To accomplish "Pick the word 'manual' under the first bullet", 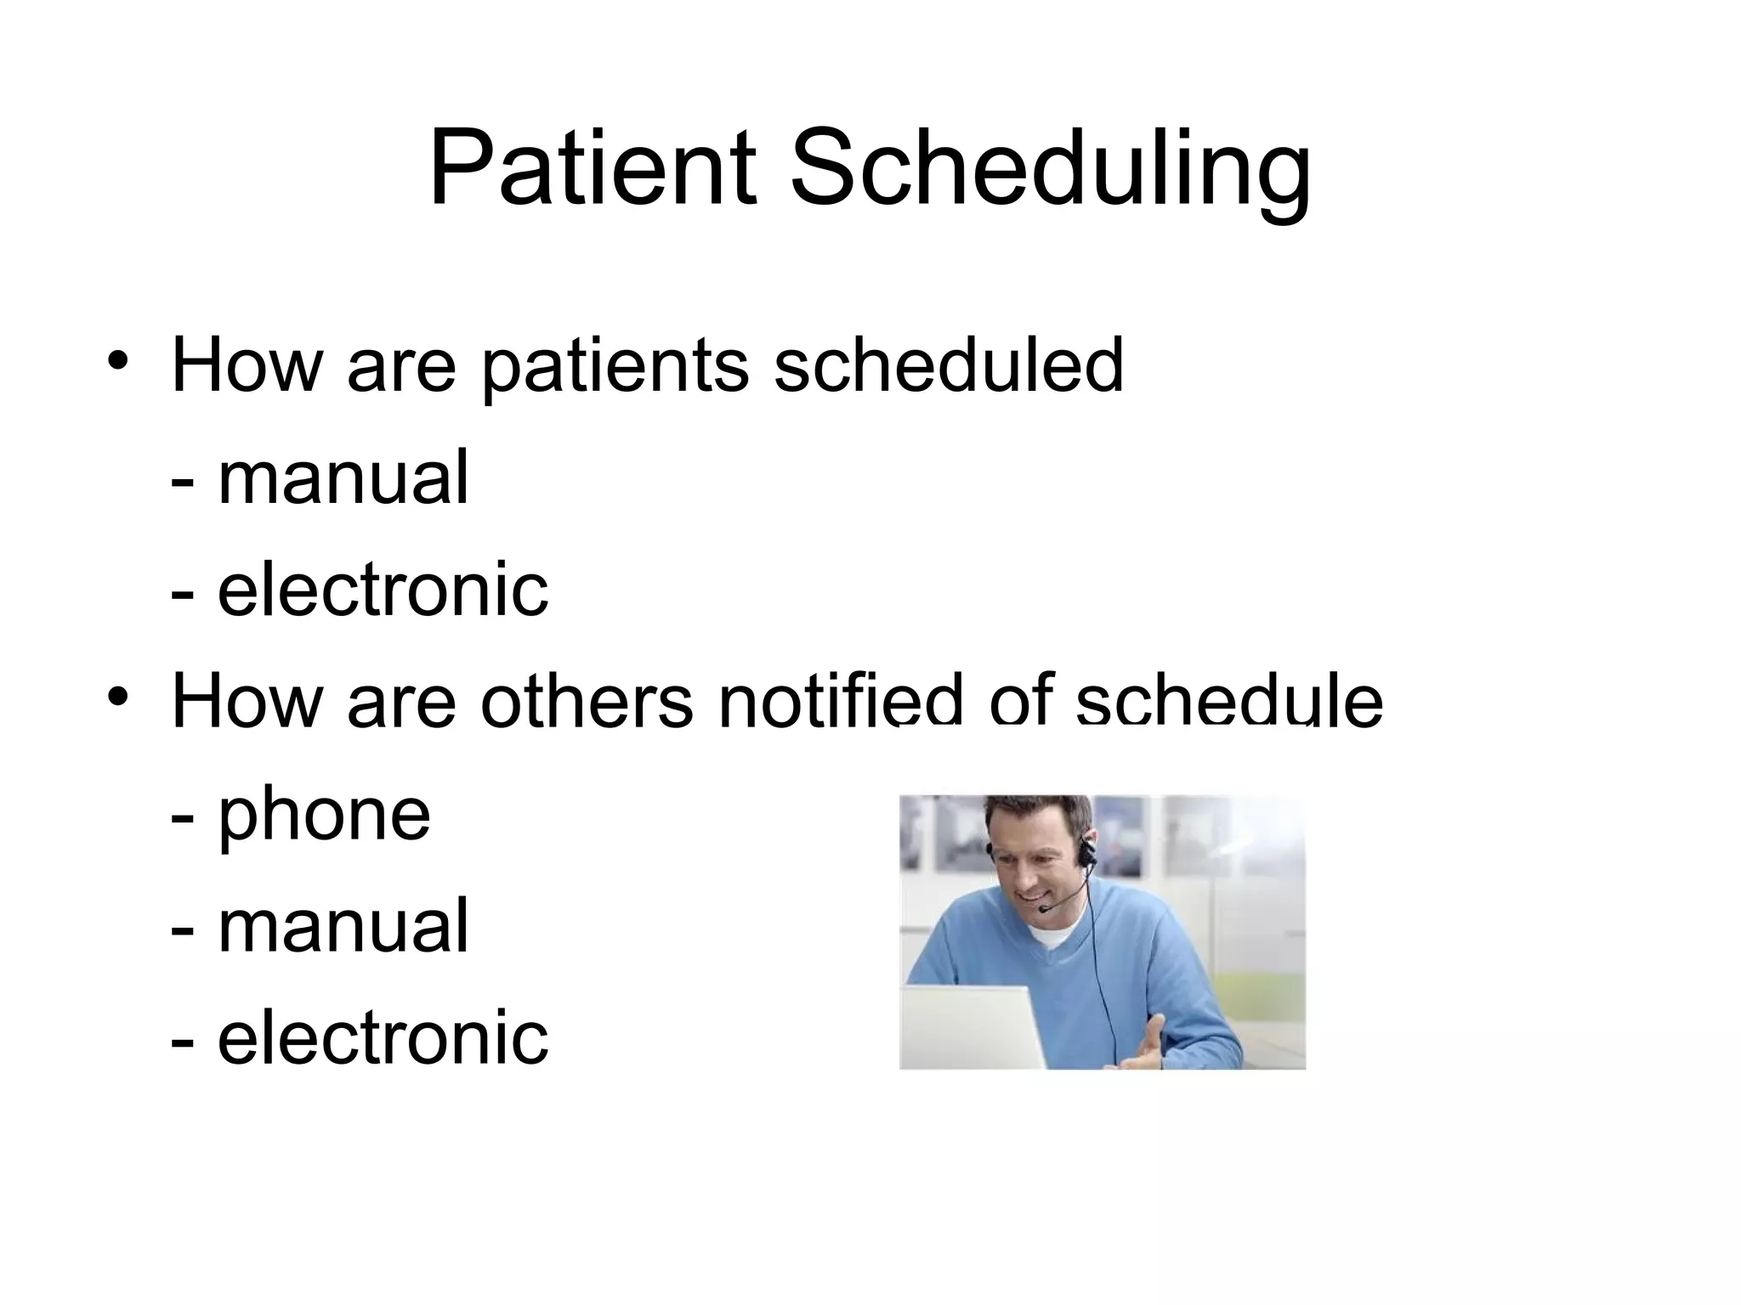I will point(343,477).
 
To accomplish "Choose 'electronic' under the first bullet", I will point(383,589).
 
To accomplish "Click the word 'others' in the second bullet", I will point(587,701).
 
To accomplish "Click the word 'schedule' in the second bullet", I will point(1229,701).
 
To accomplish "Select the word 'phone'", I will point(324,816).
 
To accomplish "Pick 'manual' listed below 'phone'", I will point(343,926).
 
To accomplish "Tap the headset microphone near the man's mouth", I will point(1044,909).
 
